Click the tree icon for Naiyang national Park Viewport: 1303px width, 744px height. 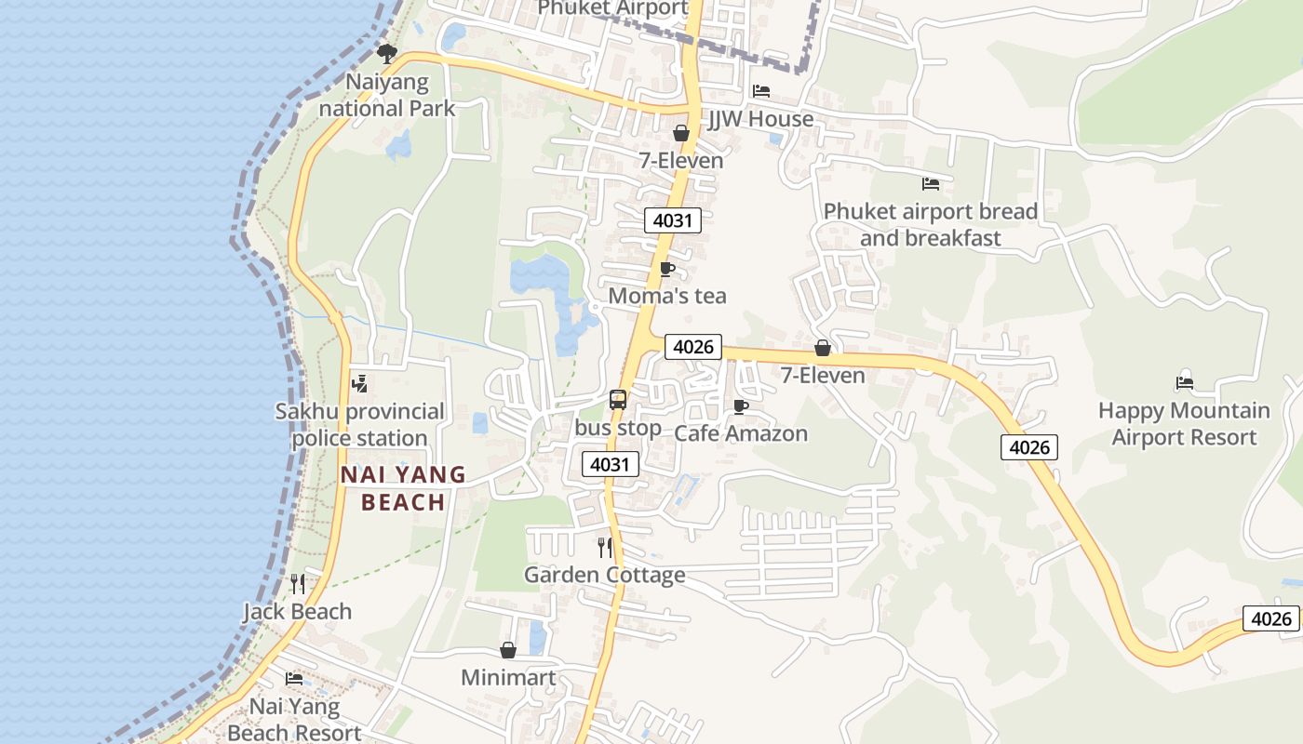click(x=387, y=54)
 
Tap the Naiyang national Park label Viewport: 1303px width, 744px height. click(x=387, y=95)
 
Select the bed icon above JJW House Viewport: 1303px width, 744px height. click(x=761, y=91)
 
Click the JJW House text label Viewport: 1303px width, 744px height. click(x=760, y=119)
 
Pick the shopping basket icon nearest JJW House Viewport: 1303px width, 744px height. click(x=681, y=133)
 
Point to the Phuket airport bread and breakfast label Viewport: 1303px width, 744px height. click(x=930, y=224)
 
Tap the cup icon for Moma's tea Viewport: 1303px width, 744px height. click(x=666, y=269)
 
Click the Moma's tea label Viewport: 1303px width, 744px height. click(x=666, y=296)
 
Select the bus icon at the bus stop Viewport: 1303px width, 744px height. click(x=618, y=400)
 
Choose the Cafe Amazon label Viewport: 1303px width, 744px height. click(x=741, y=433)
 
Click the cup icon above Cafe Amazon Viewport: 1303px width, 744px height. click(x=741, y=406)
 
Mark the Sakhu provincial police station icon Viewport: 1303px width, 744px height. click(x=359, y=383)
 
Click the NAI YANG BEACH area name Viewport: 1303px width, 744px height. click(x=403, y=488)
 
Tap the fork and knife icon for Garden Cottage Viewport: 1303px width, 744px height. click(x=605, y=547)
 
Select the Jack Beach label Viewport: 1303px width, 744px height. click(x=298, y=611)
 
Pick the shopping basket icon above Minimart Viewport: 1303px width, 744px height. click(x=508, y=650)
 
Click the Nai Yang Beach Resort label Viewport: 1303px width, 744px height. click(x=294, y=719)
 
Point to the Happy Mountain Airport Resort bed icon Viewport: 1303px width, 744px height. click(x=1184, y=382)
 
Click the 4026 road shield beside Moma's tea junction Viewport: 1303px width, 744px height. click(x=693, y=347)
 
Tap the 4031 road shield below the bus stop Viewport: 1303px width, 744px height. click(x=611, y=464)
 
